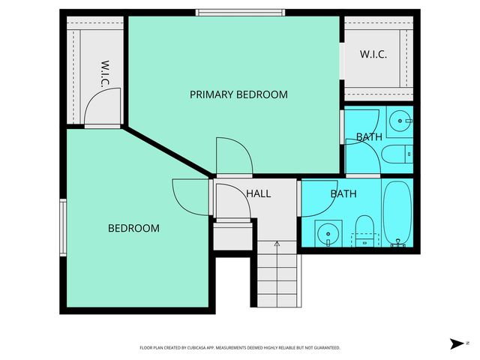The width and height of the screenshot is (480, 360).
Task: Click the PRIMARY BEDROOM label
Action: coord(238,94)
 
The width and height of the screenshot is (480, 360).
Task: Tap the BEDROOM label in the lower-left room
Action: coord(133,228)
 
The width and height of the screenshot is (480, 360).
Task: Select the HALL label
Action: coord(258,193)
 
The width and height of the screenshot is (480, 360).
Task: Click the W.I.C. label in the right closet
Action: coord(373,55)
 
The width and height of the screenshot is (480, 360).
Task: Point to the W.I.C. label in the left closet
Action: coord(105,73)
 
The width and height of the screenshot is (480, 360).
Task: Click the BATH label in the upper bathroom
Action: coord(369,137)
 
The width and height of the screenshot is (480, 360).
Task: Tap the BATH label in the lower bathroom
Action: coord(343,193)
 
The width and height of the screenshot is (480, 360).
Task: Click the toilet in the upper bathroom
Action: coord(397,154)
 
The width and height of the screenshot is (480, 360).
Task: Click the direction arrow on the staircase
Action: coord(277,244)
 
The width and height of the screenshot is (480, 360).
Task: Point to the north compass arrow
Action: coord(457,343)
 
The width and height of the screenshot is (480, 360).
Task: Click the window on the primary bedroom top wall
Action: coord(240,12)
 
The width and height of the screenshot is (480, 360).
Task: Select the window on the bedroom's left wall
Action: coord(63,226)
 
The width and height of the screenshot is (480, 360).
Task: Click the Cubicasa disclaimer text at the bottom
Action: coord(240,348)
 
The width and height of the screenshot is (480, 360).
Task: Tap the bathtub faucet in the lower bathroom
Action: coord(398,243)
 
